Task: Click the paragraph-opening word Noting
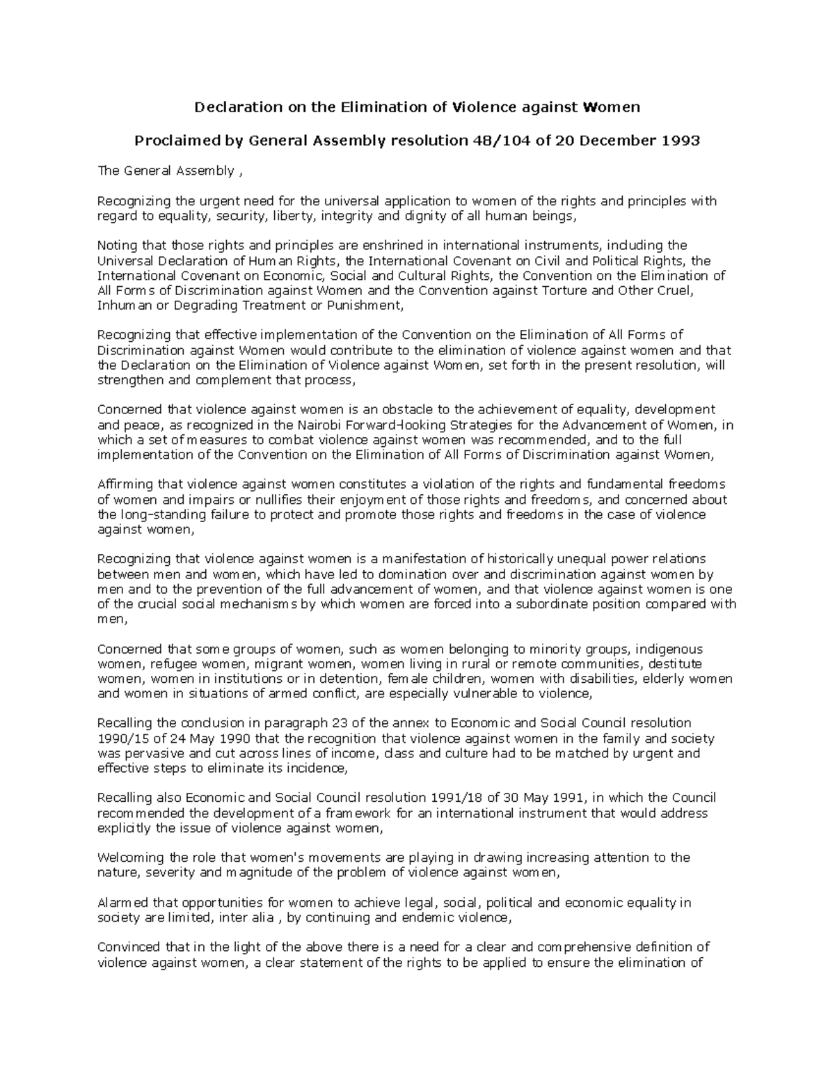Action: pos(116,245)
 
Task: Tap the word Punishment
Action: pos(367,306)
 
